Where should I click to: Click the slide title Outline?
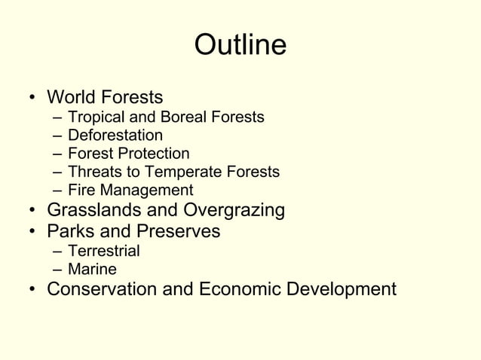pyautogui.click(x=240, y=46)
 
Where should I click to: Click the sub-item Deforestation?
pyautogui.click(x=115, y=136)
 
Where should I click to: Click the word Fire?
pyautogui.click(x=80, y=191)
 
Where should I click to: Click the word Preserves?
pyautogui.click(x=181, y=231)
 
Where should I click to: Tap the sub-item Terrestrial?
pyautogui.click(x=103, y=251)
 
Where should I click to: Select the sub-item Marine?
pyautogui.click(x=92, y=269)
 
